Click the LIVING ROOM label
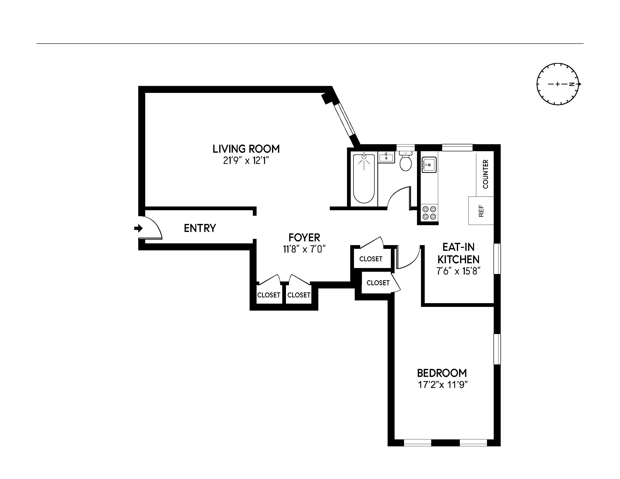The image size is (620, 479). point(246,149)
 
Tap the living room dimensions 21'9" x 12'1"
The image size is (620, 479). point(246,161)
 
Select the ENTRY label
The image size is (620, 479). point(200,228)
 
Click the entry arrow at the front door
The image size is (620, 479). point(138,228)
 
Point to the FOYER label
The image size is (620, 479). point(304,237)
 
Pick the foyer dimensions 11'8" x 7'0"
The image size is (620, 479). point(304,250)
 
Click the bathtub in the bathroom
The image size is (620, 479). point(364,178)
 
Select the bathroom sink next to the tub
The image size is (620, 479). point(386,157)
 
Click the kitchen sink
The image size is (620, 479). point(429,165)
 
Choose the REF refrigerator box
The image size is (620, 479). point(481,211)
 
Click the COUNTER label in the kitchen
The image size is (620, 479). point(485,174)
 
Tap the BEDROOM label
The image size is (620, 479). point(442,373)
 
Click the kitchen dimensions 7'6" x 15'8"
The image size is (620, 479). point(458,271)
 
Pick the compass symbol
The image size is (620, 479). point(557,84)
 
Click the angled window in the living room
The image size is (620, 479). point(344,120)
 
